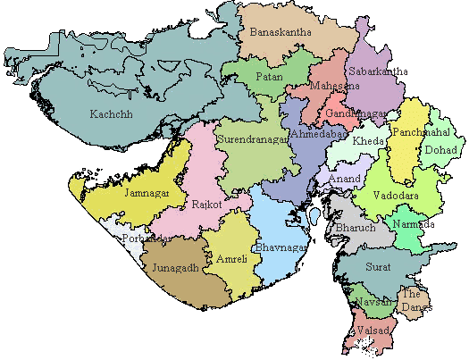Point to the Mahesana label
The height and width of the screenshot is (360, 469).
click(335, 87)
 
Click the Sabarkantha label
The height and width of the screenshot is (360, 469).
click(379, 71)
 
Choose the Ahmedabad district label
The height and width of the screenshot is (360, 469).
click(319, 134)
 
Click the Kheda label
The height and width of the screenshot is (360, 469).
click(369, 142)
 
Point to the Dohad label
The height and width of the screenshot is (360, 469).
click(441, 150)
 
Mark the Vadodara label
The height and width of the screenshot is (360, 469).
click(394, 195)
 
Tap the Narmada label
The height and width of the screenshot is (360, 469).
click(415, 224)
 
